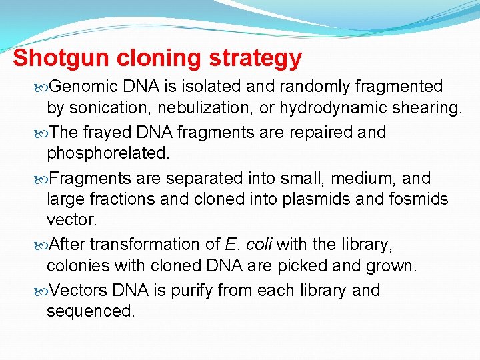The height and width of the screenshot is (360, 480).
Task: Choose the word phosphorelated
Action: tap(108, 153)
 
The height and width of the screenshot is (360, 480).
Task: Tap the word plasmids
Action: tap(309, 199)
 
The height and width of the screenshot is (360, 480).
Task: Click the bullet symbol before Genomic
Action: tap(43, 87)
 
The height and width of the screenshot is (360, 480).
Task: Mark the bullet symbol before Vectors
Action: tap(43, 291)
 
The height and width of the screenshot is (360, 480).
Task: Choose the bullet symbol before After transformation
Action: tap(43, 245)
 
